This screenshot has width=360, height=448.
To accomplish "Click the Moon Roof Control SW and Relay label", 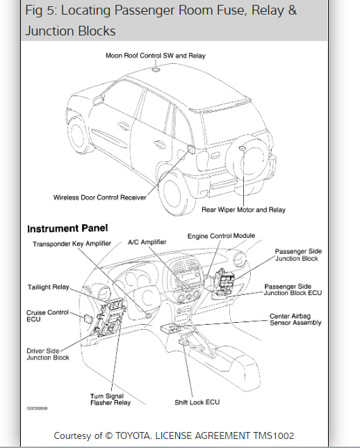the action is point(156,56).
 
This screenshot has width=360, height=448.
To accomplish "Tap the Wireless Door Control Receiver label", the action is point(99,198).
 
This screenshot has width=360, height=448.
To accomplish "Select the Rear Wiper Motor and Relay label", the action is point(243,209).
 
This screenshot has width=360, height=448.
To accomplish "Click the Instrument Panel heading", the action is point(67,228).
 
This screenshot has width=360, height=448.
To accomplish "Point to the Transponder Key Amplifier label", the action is point(72,243).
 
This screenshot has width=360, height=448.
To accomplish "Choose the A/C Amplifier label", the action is point(147,242).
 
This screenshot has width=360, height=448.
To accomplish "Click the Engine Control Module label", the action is point(221,236).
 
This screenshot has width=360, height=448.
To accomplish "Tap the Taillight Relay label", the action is point(49,287).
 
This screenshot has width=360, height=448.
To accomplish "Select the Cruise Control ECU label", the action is point(47,316).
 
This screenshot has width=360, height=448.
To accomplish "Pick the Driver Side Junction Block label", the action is point(48,354).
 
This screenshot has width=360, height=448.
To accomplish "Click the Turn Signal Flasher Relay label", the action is point(111,399).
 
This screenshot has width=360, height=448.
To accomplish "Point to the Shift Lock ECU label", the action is point(197,402).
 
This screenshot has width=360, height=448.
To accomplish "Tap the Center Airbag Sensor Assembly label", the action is point(295,319).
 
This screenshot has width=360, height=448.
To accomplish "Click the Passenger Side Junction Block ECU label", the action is point(293,289).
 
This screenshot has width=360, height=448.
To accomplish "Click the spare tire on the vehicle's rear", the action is point(248,159).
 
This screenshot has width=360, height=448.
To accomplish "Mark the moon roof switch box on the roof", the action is point(156,70).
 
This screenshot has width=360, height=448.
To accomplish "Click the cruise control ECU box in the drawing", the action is point(88,319).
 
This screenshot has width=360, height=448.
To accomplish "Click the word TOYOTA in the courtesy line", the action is point(133,435).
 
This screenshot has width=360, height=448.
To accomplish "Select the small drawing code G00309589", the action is point(37,408).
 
